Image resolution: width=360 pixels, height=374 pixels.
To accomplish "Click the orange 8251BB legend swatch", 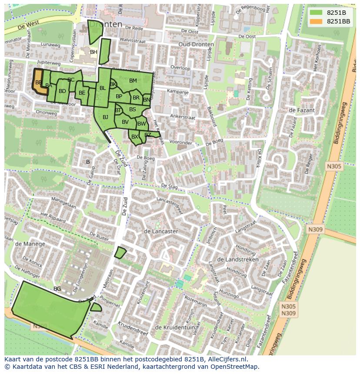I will coord(317,21).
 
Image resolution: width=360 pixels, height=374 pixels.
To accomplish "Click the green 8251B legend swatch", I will coord(317,13).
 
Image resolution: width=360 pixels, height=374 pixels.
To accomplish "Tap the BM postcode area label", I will coord(133,80).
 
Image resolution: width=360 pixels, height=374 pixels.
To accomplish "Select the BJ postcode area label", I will coord(105,117).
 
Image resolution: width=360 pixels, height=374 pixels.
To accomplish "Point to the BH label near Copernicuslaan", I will coord(93,52).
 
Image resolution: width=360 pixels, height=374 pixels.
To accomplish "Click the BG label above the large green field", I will coord(57,288).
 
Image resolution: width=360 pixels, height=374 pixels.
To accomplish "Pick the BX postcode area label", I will coord(135,137).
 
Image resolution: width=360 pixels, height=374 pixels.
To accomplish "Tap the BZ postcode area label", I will coord(148,135).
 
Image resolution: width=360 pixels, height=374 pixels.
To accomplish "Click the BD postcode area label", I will coord(63,91).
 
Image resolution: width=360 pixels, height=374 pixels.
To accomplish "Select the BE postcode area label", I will coord(82,93).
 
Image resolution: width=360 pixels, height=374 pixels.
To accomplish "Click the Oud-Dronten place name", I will coord(196,45).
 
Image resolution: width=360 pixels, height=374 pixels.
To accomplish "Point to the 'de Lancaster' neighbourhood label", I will coord(160,231).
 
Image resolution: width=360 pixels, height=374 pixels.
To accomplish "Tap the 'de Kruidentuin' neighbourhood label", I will coord(173,327).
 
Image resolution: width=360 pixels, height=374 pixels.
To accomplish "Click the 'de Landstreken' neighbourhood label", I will coord(237,259).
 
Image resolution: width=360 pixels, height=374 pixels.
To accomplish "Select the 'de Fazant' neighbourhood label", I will coord(301,110).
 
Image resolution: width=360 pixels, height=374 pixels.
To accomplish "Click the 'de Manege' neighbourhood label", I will coord(30,244).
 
